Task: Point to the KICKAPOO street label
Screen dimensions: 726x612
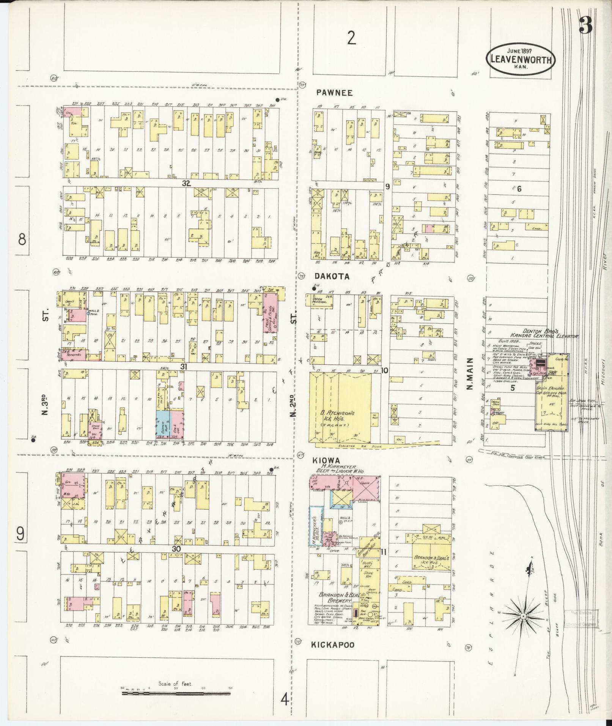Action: pos(333,645)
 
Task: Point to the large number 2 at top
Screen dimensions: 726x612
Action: pos(352,38)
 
